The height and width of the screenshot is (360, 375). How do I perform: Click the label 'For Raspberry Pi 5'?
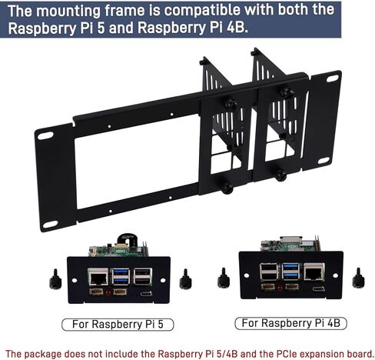(118, 324)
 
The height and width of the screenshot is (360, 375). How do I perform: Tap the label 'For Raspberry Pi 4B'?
(291, 323)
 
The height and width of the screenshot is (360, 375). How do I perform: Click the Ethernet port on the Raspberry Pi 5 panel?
(98, 276)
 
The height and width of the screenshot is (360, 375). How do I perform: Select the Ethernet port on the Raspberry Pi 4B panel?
(314, 272)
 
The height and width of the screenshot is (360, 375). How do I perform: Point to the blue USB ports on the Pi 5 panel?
(121, 276)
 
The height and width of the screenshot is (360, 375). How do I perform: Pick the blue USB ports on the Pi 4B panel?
(290, 272)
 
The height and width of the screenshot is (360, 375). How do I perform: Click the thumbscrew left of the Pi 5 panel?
(55, 279)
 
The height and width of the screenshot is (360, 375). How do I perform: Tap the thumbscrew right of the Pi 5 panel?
(186, 279)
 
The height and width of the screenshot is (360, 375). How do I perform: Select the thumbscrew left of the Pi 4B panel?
(224, 278)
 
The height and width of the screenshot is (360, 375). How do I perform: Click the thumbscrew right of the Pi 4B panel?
(358, 278)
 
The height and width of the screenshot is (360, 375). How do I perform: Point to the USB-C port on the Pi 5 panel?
(146, 293)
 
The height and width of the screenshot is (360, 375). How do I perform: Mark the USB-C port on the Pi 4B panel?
(319, 289)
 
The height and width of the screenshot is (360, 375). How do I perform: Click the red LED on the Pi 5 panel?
(108, 292)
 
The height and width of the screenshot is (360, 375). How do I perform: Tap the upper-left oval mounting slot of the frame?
(45, 135)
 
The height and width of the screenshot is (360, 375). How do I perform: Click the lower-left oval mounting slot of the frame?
(50, 224)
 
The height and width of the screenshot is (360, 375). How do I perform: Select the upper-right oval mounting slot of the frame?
(332, 78)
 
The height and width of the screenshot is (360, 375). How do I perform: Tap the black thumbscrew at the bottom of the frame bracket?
(227, 189)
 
